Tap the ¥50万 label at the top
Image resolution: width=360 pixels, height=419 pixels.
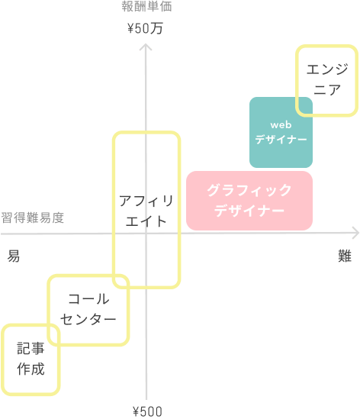146,30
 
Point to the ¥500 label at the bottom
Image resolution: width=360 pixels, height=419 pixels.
147,412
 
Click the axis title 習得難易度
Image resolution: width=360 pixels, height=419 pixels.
32,218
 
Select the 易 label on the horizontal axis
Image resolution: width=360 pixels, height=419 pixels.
14,256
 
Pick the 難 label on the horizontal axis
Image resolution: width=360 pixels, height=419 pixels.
345,256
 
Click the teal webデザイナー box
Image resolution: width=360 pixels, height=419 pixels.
281,133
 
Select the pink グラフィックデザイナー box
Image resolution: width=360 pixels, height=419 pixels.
249,200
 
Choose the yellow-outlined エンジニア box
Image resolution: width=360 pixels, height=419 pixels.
326,80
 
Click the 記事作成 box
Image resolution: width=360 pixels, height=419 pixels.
31,359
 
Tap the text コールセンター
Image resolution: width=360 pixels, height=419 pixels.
88,309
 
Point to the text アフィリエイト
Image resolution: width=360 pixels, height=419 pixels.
146,211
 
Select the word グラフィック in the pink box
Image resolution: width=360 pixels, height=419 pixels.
249,190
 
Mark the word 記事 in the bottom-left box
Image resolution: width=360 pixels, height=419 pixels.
31,350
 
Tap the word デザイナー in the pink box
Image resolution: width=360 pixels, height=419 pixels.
249,211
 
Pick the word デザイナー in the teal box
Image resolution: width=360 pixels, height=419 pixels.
281,140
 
